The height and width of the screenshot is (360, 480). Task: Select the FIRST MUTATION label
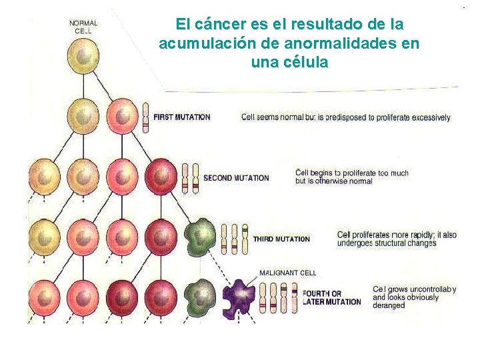click(181, 117)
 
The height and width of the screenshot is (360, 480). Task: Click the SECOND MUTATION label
click(236, 178)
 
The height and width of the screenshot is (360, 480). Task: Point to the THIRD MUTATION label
click(281, 239)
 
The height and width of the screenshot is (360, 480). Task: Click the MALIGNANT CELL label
click(287, 273)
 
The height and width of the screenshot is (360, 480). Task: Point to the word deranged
click(388, 305)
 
